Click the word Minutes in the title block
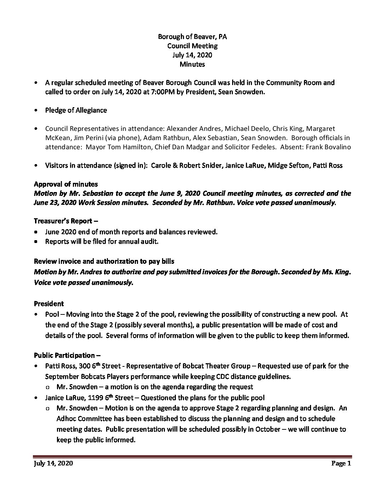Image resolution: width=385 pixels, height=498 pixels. (x=192, y=64)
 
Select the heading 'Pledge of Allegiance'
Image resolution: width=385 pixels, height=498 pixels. (x=76, y=110)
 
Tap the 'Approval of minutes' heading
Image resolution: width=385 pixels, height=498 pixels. (x=66, y=184)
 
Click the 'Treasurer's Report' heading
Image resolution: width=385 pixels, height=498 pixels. (x=66, y=221)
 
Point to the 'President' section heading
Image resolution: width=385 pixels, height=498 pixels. (x=49, y=303)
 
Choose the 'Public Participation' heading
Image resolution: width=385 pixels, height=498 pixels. (x=64, y=355)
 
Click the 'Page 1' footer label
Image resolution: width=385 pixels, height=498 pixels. (x=341, y=463)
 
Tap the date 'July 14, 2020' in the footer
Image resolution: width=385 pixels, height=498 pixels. (x=53, y=463)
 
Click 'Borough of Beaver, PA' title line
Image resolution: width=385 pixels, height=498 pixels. (x=192, y=36)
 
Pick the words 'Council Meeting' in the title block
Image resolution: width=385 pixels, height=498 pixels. (x=192, y=46)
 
